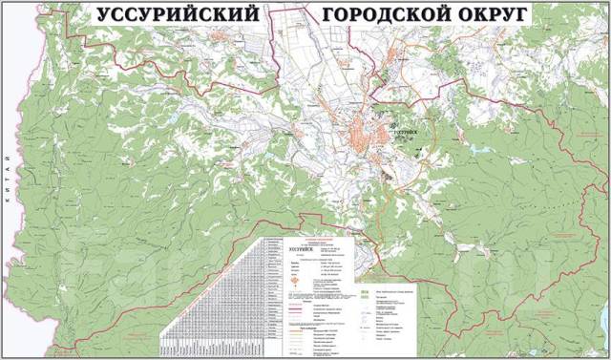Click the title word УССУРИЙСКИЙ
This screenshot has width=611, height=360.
(x=178, y=15)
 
